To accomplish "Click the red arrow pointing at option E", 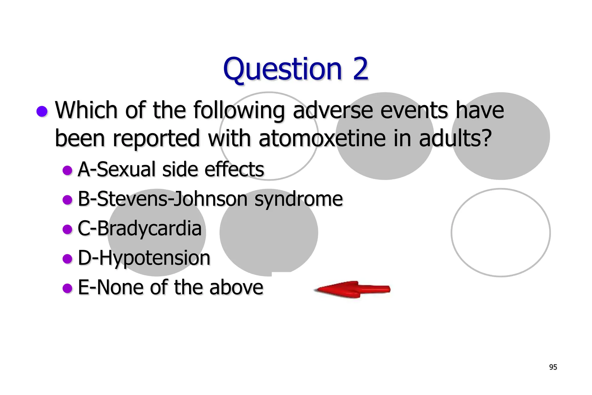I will [x=353, y=289].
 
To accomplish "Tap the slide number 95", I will [x=553, y=367].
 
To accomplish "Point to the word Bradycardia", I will [x=149, y=228].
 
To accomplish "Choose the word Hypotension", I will [x=155, y=258].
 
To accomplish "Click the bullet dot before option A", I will [x=67, y=170].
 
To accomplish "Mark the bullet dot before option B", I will [x=67, y=200].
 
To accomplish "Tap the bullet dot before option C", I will [x=67, y=229].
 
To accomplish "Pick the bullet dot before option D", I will [x=67, y=259].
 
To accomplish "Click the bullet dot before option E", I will [x=67, y=288].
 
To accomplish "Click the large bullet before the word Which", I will [x=42, y=111].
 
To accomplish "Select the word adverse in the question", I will [x=332, y=110].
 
